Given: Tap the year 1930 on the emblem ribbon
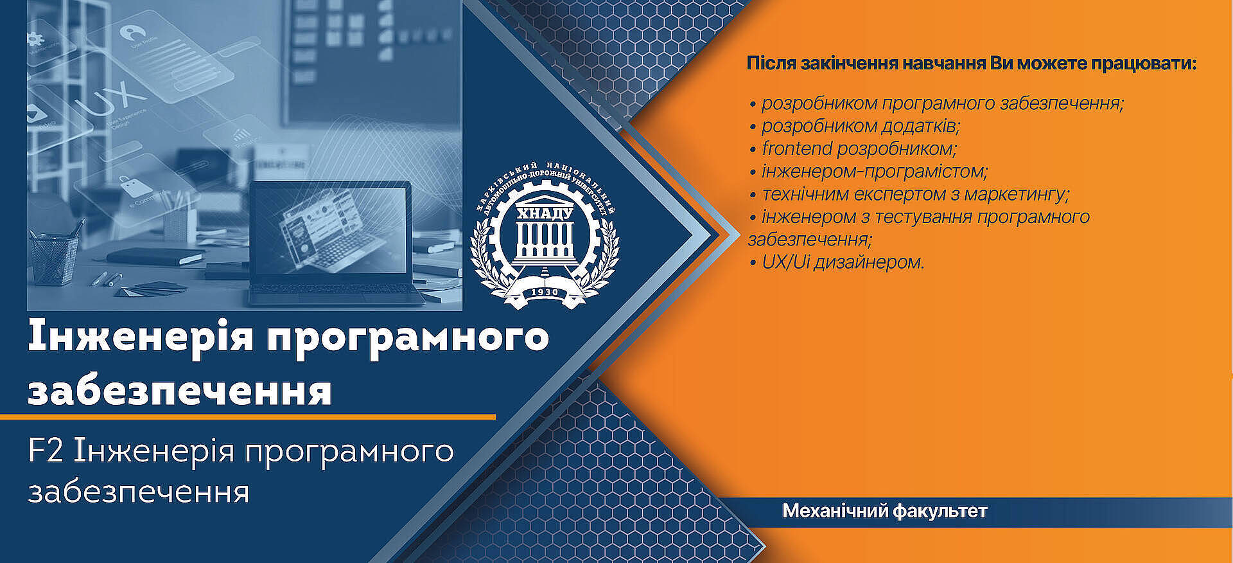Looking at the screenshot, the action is tap(545, 292).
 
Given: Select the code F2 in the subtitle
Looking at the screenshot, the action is tap(46, 451).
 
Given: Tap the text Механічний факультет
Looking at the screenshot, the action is tap(884, 512).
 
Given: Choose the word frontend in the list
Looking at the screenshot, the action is tap(797, 148).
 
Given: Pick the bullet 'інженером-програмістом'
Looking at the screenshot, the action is tap(869, 172).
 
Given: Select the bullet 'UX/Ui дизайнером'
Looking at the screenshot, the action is tap(837, 262).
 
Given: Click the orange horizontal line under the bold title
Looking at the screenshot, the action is tap(248, 416).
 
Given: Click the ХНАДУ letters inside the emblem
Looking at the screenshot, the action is tap(545, 213).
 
